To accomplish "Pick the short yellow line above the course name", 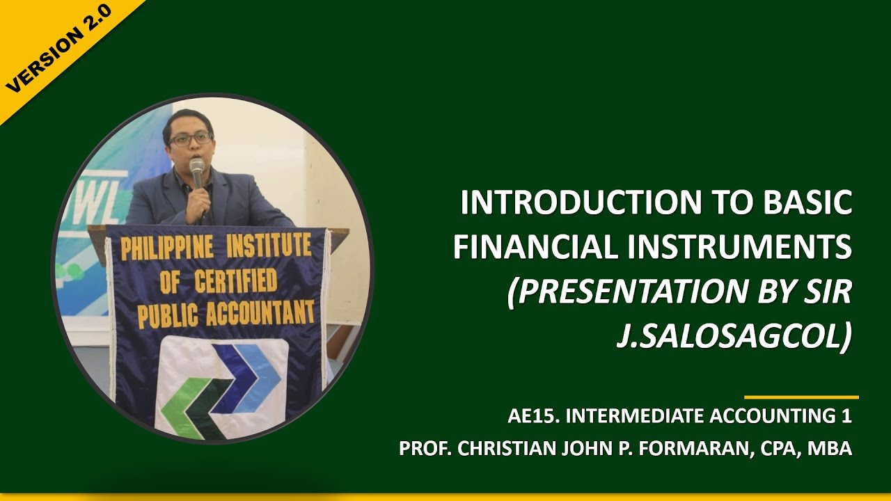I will (801, 397).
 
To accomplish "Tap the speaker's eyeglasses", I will (190, 139).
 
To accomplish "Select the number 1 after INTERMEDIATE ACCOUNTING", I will (846, 416).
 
